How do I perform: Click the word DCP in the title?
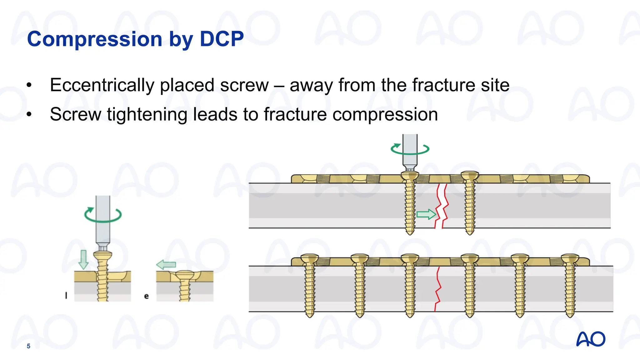(222, 39)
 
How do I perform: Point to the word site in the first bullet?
(495, 85)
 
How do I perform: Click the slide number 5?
(28, 346)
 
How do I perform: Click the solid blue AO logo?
(591, 339)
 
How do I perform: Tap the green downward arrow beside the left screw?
(83, 259)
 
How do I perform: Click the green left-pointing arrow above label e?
(166, 265)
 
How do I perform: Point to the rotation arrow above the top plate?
(410, 149)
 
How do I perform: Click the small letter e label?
(146, 296)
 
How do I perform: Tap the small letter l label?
(66, 295)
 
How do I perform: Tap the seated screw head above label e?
(185, 275)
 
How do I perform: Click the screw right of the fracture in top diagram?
(470, 203)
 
